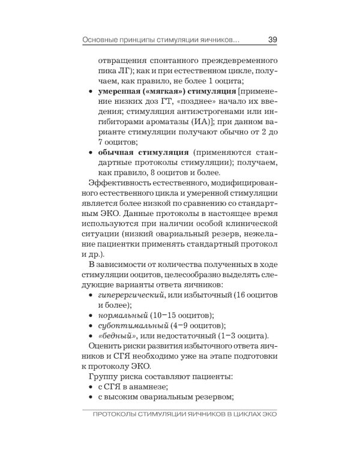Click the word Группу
point(103,377)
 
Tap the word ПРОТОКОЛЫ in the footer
point(115,416)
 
